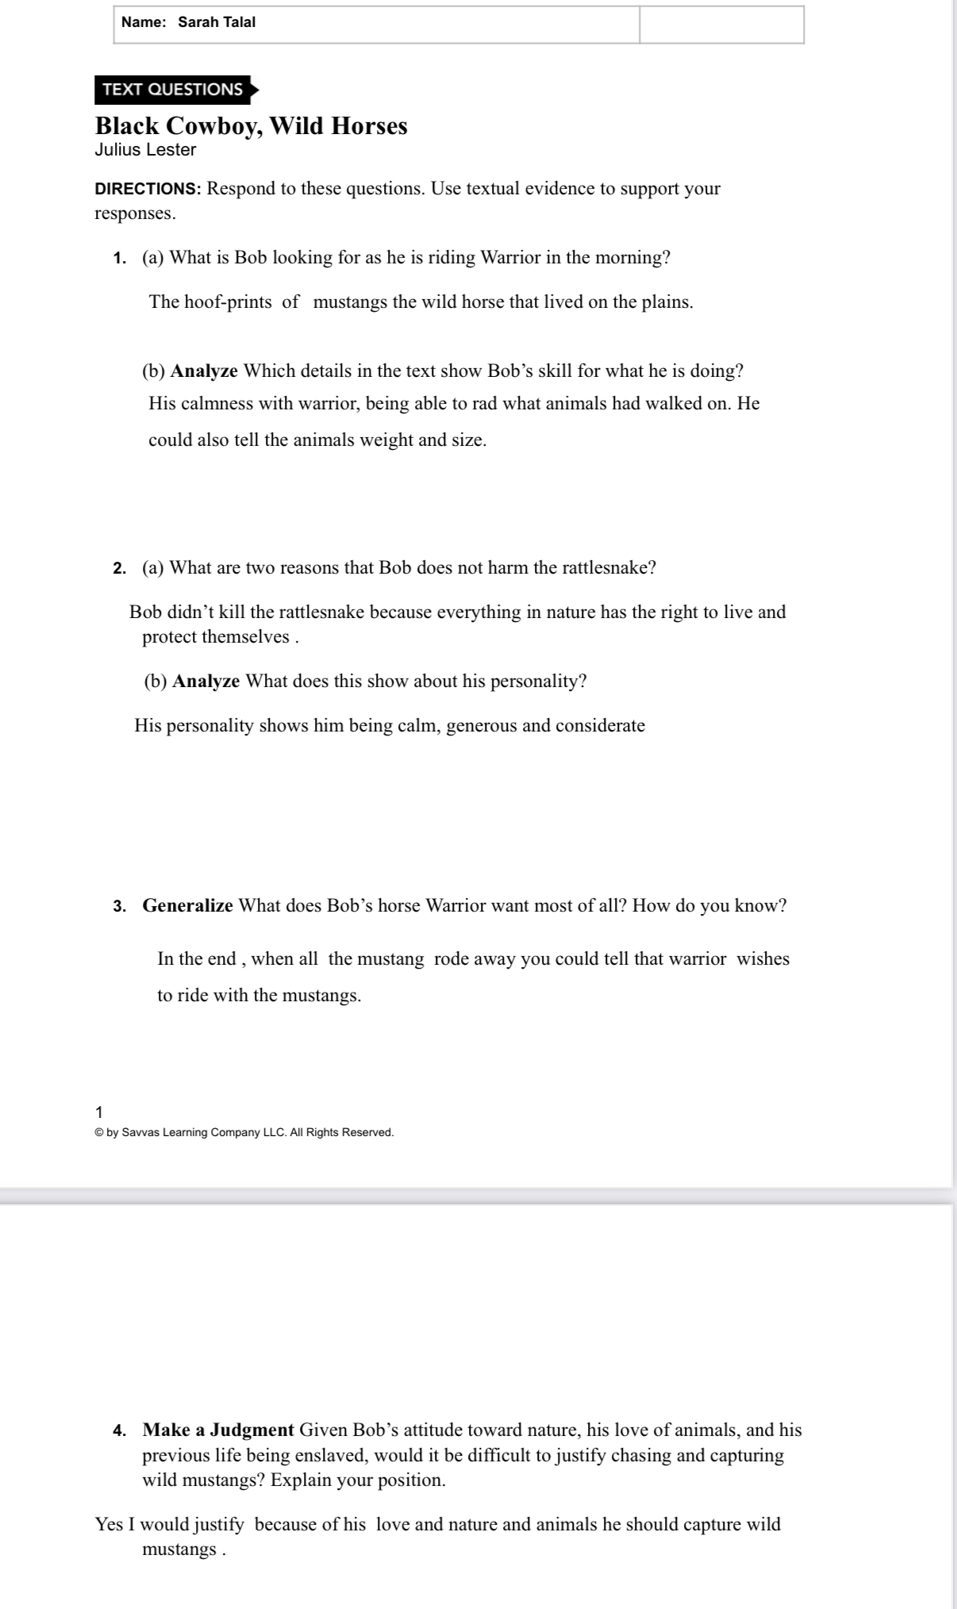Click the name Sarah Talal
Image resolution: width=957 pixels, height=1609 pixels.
pos(217,22)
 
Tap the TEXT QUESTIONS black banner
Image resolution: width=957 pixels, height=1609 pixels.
pos(173,90)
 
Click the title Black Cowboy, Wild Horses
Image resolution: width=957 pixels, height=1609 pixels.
pos(251,126)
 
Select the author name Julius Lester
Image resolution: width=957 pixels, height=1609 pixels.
pos(145,150)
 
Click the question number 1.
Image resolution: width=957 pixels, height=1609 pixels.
pos(119,259)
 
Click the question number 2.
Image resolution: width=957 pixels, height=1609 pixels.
pos(119,569)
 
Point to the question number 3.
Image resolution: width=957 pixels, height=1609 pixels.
pos(119,907)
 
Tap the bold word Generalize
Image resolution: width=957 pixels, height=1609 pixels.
pos(187,906)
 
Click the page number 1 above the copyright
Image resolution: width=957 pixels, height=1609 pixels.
pos(98,1112)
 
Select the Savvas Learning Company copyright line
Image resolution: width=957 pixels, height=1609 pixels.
pos(244,1133)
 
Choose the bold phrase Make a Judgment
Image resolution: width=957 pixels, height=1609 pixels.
pos(218,1430)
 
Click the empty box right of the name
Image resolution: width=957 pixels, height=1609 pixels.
pos(721,24)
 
